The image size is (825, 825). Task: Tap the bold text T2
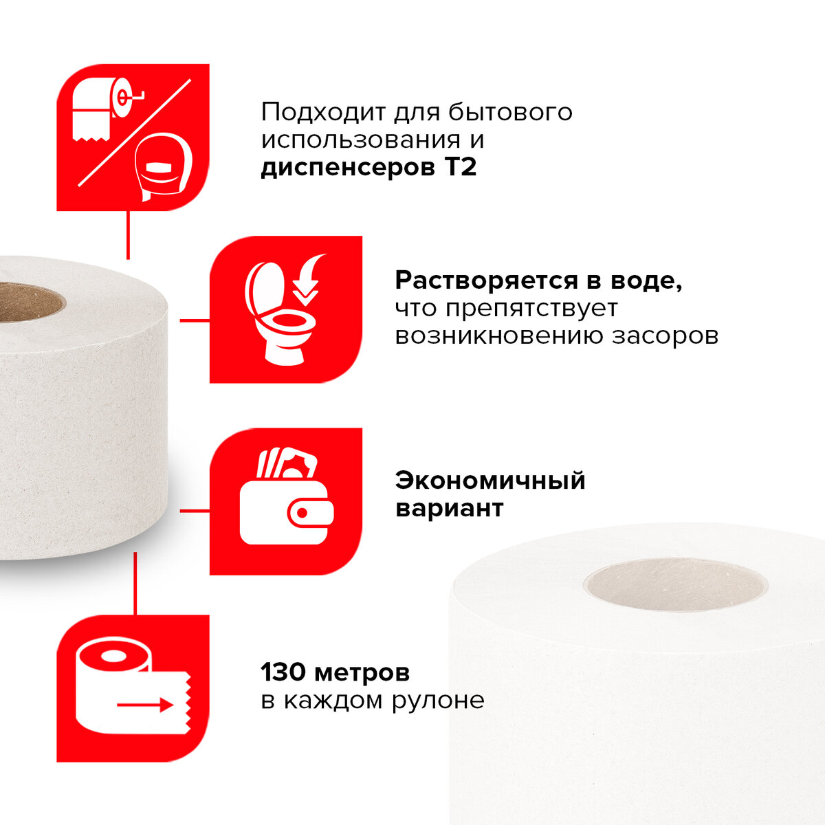coord(461,167)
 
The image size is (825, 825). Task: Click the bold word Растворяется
coord(486,282)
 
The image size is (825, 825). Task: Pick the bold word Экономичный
coord(490,481)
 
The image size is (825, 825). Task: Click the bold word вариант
coord(449,509)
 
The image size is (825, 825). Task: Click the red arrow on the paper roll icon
coord(145,704)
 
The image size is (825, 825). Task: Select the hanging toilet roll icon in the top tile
coord(107,109)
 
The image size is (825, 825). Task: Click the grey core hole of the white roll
coord(676,584)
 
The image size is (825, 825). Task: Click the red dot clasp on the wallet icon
coord(302,513)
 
